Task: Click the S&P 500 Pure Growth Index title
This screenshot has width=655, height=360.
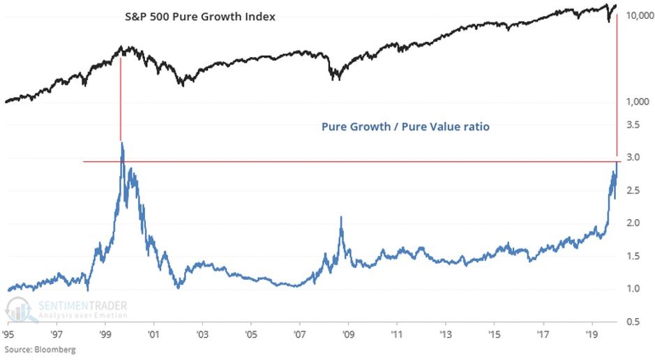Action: click(x=195, y=15)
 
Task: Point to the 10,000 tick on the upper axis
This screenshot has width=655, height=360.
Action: click(x=635, y=15)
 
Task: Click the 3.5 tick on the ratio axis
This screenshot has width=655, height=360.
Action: click(x=633, y=125)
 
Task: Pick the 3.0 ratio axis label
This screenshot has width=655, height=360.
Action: click(x=633, y=158)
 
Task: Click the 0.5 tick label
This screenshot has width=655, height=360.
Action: click(x=633, y=322)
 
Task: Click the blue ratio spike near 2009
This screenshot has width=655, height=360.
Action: click(x=340, y=218)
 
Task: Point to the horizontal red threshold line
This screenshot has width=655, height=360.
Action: click(x=349, y=162)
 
